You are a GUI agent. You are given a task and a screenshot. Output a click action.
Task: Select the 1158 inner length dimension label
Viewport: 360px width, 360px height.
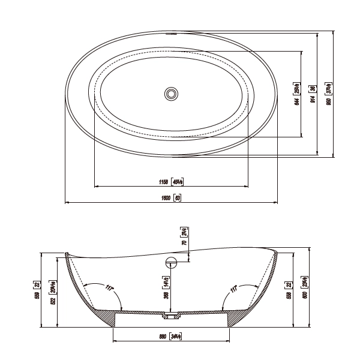click(x=163, y=181)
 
